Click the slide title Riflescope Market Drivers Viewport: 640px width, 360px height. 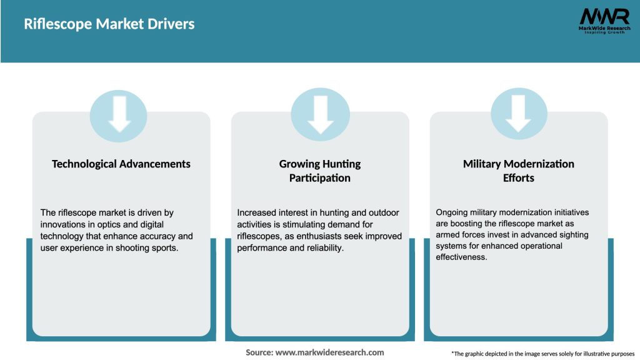click(109, 24)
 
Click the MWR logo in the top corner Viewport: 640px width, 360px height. click(604, 16)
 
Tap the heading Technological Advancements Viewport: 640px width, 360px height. click(121, 164)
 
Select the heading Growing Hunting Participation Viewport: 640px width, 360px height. click(320, 171)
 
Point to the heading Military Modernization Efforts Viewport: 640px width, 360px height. click(518, 171)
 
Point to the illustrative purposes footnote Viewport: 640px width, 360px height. click(542, 354)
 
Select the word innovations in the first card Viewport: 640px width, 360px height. click(64, 224)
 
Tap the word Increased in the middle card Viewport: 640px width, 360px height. click(257, 212)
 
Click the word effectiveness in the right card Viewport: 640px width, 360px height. click(461, 257)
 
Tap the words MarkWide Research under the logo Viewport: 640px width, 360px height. click(604, 28)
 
